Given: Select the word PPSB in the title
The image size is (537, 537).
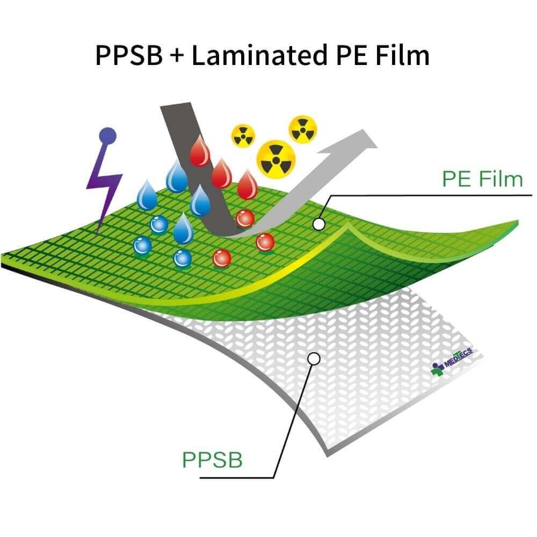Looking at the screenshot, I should click(128, 55).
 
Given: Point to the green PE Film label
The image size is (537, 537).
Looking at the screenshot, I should click(482, 179).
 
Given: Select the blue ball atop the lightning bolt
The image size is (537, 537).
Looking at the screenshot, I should click(108, 135).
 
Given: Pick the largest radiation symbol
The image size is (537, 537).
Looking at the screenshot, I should click(276, 158).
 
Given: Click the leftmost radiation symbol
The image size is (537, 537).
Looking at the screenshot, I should click(243, 135).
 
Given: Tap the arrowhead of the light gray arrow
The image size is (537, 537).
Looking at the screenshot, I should click(361, 141).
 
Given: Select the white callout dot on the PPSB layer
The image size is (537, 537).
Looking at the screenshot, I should click(314, 358).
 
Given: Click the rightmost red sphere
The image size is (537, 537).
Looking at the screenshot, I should click(265, 242).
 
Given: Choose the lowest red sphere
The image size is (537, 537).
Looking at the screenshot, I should click(221, 258).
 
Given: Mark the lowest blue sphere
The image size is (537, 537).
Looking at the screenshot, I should click(183, 258).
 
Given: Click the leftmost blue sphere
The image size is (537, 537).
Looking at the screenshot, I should click(142, 245).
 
